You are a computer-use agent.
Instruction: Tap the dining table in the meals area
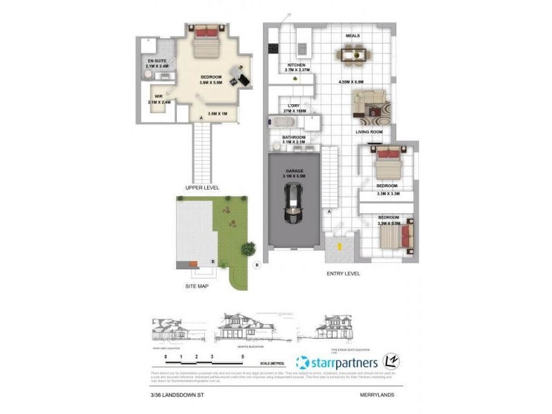(x=352, y=55)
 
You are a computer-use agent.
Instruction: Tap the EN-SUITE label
(x=157, y=61)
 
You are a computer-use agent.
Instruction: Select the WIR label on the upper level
(x=158, y=97)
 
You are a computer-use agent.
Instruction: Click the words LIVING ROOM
(x=369, y=131)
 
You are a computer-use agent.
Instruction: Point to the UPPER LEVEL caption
(x=202, y=188)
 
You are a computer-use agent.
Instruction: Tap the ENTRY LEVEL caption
(x=343, y=274)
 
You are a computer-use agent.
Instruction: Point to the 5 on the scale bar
(x=243, y=356)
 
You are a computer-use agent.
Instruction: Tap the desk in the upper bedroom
(x=238, y=75)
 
